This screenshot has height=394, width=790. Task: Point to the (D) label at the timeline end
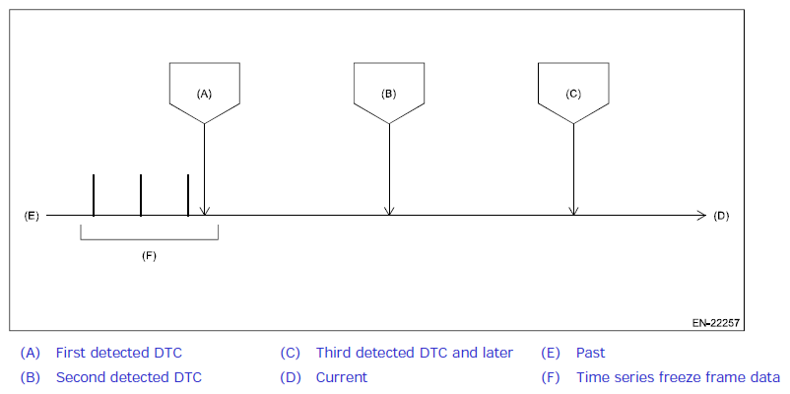click(721, 215)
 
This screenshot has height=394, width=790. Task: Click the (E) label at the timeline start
click(31, 215)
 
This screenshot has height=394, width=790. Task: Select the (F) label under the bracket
click(149, 255)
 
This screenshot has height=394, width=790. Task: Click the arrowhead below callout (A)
click(204, 210)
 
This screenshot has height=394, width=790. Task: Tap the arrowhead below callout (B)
click(389, 210)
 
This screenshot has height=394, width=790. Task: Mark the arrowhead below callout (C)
click(573, 210)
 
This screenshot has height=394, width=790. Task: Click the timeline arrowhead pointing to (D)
click(700, 215)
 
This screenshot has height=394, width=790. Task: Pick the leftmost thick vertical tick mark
click(94, 195)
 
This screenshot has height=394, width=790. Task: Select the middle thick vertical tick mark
click(141, 195)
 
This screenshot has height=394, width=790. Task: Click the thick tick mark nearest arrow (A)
click(188, 195)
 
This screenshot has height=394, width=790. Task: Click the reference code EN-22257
click(715, 322)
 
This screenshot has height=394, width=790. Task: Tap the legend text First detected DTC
click(118, 353)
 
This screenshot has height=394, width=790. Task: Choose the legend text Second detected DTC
click(128, 377)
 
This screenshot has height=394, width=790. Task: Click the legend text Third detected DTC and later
click(414, 353)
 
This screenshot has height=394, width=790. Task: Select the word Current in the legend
click(341, 377)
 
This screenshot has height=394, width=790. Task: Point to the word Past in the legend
click(590, 353)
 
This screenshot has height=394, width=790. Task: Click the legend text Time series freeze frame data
click(678, 377)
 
